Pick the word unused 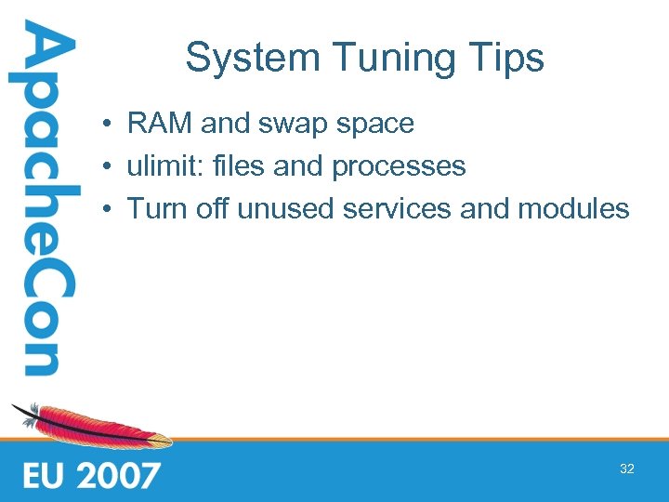pyautogui.click(x=286, y=208)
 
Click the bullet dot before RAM pyautogui.click(x=109, y=124)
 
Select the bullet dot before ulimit pyautogui.click(x=109, y=166)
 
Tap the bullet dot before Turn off pyautogui.click(x=109, y=209)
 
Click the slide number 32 pyautogui.click(x=627, y=469)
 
